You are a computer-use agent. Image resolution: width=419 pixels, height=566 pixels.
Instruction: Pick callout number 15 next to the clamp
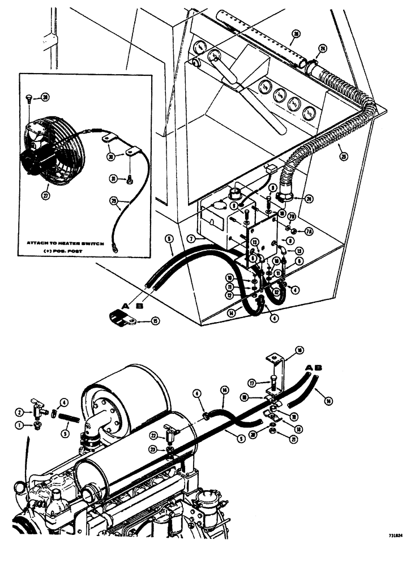click(x=155, y=321)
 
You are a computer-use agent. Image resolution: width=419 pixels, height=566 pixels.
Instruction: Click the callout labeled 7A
click(x=309, y=231)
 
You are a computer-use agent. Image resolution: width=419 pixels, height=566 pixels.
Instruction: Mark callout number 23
click(x=153, y=450)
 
